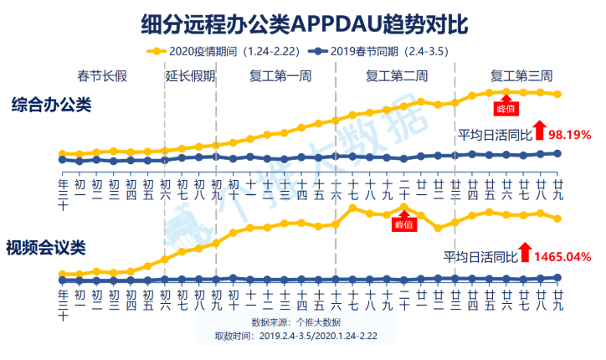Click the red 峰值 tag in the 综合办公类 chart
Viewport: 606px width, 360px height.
(506, 107)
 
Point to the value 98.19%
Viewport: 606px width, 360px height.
(570, 133)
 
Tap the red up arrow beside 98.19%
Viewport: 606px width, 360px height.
(540, 130)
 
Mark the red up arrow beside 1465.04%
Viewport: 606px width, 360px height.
(525, 251)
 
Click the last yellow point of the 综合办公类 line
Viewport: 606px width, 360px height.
(557, 95)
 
